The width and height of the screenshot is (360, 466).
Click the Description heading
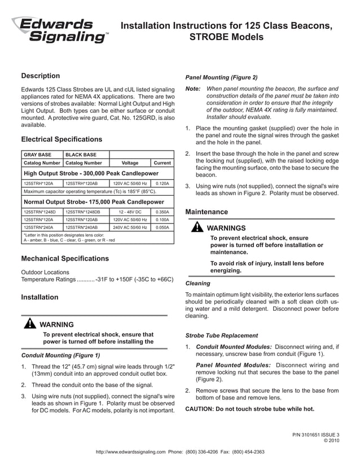[x=40, y=76]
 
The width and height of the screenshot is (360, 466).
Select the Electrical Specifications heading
[x=62, y=139]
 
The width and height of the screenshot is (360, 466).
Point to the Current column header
[x=162, y=163]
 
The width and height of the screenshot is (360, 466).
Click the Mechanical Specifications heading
[x=64, y=259]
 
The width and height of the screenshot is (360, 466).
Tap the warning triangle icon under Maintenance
[x=197, y=227]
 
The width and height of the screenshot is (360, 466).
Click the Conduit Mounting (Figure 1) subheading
[x=60, y=356]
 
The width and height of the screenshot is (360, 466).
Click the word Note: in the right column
[x=193, y=89]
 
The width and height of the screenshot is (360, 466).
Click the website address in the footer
[x=130, y=452]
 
